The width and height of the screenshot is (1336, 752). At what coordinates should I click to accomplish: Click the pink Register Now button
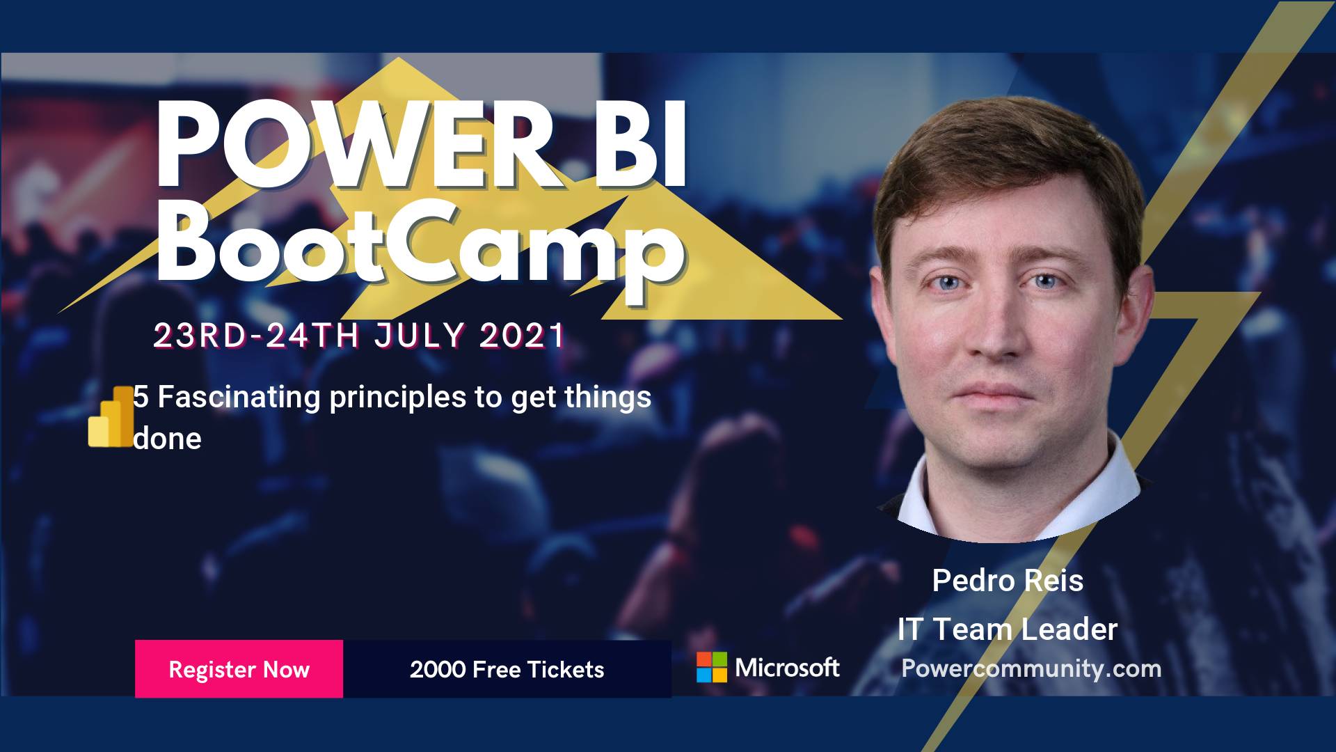(239, 668)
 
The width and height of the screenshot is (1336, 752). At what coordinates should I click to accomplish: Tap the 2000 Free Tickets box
(507, 668)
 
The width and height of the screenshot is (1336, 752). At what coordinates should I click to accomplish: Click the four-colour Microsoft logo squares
(712, 667)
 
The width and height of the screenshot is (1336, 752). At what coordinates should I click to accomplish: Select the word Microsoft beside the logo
(787, 668)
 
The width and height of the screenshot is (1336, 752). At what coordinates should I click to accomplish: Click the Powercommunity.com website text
(1031, 668)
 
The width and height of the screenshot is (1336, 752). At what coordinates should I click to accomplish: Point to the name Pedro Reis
(1008, 580)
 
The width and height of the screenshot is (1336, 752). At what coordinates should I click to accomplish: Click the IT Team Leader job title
(1008, 629)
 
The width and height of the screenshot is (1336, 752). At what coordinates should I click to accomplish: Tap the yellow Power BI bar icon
(111, 416)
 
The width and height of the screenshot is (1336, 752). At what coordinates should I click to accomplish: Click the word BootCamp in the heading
(420, 244)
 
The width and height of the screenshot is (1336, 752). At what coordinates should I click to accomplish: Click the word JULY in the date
(420, 336)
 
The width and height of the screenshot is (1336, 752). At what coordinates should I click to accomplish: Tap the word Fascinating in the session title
(239, 397)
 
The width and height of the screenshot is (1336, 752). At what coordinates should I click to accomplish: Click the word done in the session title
(167, 439)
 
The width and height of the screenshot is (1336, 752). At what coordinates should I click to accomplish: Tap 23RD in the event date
(200, 336)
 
